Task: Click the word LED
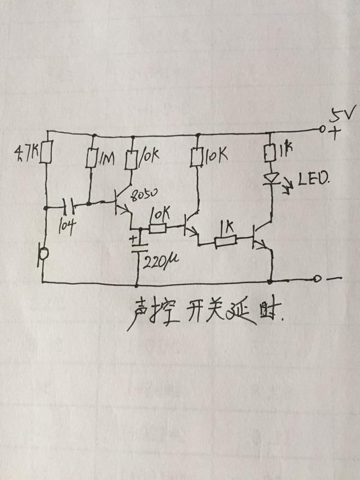coord(313,180)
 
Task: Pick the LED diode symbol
coord(271,177)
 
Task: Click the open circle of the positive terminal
coord(322,129)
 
